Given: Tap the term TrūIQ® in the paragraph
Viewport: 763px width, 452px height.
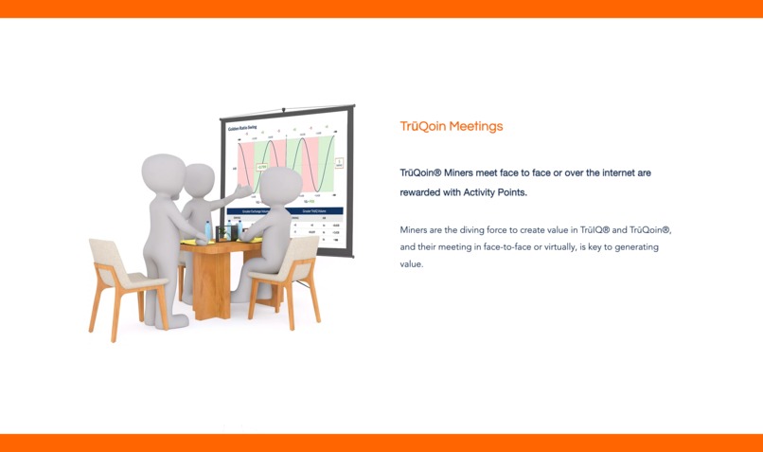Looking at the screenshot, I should coord(592,230).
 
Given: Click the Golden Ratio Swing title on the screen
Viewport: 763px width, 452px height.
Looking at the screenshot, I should coord(243,127).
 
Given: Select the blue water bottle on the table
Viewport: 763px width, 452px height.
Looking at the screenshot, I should coord(208,230).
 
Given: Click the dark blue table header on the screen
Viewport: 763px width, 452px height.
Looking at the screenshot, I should coord(284,211).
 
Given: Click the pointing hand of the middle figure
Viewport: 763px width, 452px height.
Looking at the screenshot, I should coord(248,192).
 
